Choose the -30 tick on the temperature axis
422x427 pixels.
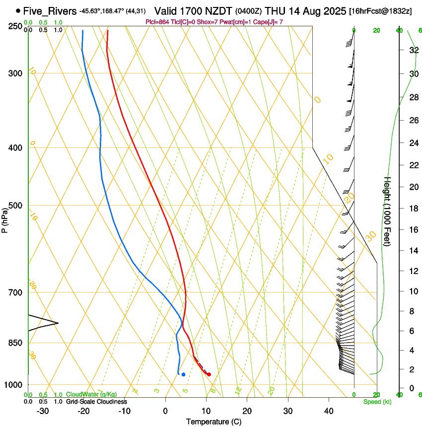click(43, 411)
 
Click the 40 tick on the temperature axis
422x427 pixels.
click(329, 411)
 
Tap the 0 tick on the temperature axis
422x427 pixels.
click(165, 411)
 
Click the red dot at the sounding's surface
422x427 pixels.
click(209, 374)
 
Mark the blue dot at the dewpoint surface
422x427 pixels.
click(183, 374)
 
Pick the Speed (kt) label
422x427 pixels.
click(377, 402)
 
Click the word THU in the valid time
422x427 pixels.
click(273, 10)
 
